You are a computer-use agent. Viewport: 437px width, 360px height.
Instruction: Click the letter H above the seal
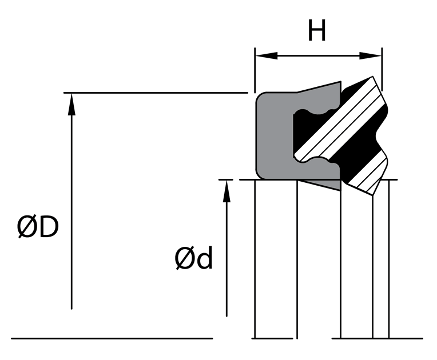317,31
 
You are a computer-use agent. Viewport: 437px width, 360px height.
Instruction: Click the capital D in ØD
49,229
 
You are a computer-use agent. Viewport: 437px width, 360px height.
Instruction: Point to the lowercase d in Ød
204,259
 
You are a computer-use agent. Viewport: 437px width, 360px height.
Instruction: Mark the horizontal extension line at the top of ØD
154,93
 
